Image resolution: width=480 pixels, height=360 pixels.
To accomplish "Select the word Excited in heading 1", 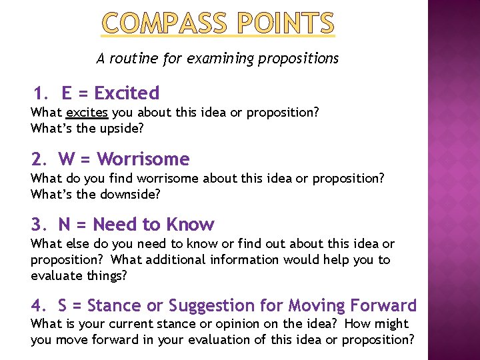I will tap(127, 93).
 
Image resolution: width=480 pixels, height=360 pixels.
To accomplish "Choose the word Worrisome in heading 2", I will tap(143, 159).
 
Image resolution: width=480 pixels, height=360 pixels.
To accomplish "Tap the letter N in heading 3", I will tap(65, 224).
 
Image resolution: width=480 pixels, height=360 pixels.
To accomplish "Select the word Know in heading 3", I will tap(191, 224).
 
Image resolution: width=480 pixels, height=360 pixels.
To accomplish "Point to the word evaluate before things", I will tap(58, 275).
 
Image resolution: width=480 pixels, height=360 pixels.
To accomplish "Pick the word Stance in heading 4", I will tap(115, 305).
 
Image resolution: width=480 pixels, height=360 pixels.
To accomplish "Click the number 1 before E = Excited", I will tap(40, 93).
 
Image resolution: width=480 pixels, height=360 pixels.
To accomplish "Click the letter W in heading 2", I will tap(67, 159).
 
